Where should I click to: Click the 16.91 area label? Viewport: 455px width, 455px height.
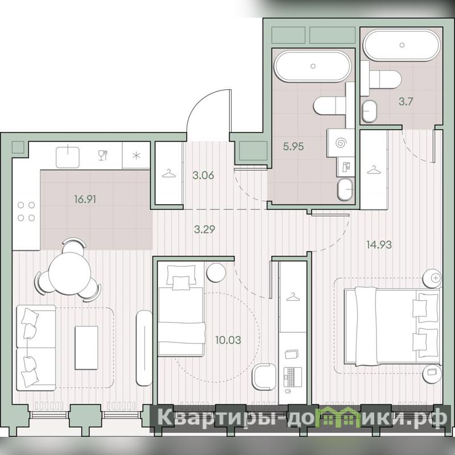tap(85, 200)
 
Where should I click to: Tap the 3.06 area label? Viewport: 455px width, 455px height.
tap(203, 175)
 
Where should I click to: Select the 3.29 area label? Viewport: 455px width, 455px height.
tap(204, 230)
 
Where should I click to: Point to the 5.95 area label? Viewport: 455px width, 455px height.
tap(293, 146)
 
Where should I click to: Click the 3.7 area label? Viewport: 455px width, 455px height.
tap(406, 102)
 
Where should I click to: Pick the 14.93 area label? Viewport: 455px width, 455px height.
tap(379, 245)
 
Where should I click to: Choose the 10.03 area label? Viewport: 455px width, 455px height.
tap(228, 340)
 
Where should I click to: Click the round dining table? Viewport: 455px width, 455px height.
tap(70, 274)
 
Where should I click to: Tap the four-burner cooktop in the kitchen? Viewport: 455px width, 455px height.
tap(26, 212)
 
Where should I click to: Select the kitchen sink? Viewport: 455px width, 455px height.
tap(68, 158)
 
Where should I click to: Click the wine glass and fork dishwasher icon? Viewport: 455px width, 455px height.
tap(103, 155)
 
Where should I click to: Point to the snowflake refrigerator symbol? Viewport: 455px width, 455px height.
tap(136, 155)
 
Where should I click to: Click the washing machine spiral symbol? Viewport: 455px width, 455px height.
tap(340, 143)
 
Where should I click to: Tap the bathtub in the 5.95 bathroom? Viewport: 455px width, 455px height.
tap(313, 66)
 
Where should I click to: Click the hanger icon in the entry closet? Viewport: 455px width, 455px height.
tap(169, 174)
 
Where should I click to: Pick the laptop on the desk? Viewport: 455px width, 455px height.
tap(292, 377)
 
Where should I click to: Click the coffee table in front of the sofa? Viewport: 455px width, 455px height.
tap(86, 348)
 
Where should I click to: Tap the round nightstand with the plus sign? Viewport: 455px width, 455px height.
tap(432, 278)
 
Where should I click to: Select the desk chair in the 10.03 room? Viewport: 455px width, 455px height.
tap(264, 377)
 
